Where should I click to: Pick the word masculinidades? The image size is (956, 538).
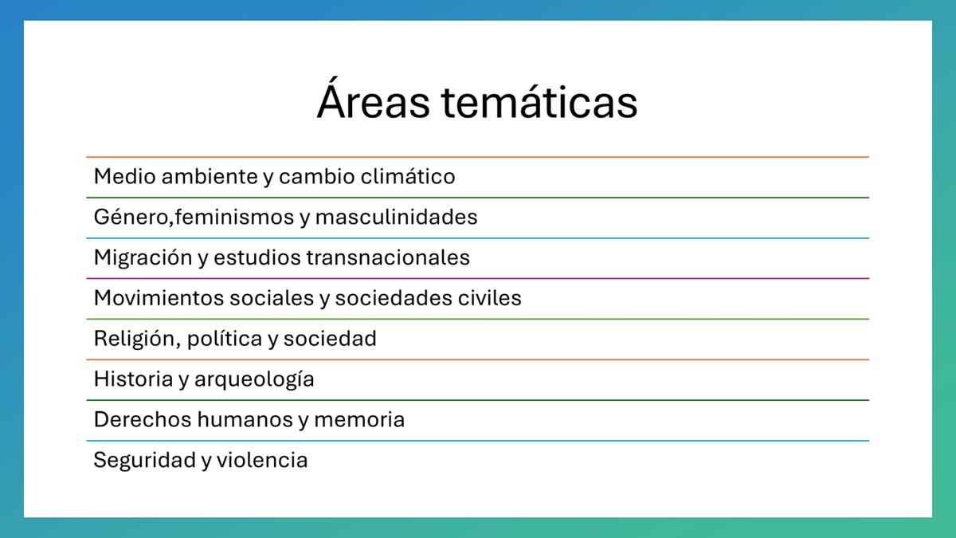(x=397, y=217)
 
